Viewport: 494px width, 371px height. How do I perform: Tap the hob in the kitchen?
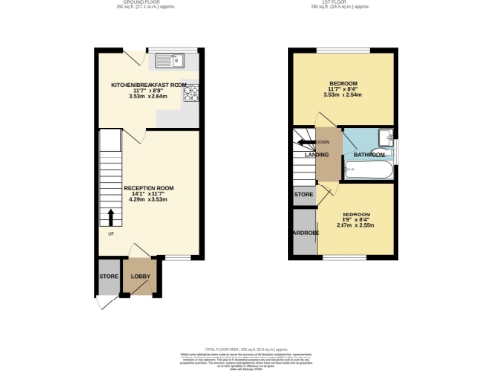click(x=191, y=94)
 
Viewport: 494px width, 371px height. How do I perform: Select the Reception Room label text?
click(x=148, y=188)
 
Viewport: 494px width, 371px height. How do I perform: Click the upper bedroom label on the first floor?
click(x=343, y=83)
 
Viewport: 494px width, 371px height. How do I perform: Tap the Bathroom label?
click(x=369, y=155)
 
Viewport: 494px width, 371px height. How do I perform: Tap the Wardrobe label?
click(x=306, y=233)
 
